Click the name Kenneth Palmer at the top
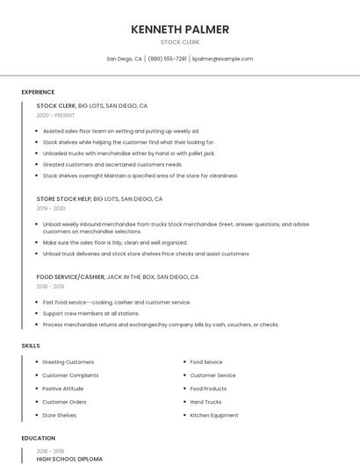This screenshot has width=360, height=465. click(180, 29)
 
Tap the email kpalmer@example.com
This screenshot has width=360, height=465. click(222, 59)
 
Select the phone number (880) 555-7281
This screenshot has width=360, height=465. click(167, 59)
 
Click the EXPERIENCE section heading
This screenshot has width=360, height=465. click(38, 92)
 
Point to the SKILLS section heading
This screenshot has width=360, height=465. click(31, 346)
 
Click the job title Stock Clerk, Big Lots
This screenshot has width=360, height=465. click(91, 105)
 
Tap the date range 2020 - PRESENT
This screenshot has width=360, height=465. click(55, 115)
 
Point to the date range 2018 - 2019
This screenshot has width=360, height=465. click(50, 286)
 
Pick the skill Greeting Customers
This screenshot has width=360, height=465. click(68, 362)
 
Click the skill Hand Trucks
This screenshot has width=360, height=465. click(205, 402)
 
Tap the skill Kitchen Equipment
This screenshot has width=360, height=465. click(213, 415)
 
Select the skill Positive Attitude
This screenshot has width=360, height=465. click(62, 389)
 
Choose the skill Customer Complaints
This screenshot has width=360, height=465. click(70, 376)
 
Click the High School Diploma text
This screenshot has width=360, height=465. click(69, 459)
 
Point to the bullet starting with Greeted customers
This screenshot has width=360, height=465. click(112, 164)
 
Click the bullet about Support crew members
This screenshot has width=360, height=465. click(90, 313)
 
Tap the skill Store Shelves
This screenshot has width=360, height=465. click(59, 415)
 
